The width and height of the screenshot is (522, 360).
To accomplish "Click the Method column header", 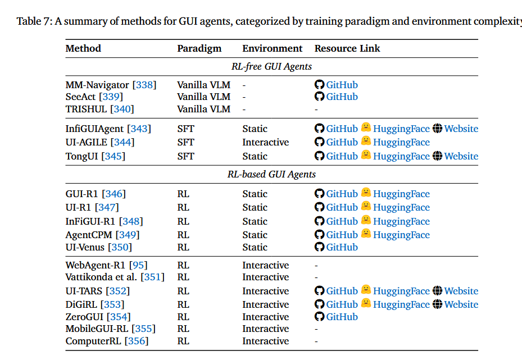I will coord(83,48).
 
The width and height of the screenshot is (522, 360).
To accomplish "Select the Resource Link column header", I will coord(347,48).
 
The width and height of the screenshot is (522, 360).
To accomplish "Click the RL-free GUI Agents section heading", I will coord(271,66).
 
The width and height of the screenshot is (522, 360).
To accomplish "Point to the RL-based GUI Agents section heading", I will coord(271,174).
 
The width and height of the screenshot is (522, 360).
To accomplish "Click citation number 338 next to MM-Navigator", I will coord(144,85).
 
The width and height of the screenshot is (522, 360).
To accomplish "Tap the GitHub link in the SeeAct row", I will coord(342,97).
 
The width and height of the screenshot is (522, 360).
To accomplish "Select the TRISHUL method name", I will coord(86,109).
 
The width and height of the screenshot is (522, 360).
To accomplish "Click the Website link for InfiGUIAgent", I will coord(461,129).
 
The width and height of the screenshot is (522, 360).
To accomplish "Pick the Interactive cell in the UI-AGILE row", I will coord(265,142).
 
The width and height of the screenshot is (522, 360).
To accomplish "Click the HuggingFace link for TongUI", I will coord(401,156).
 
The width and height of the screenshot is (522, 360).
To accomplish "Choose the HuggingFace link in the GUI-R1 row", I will coord(401,194).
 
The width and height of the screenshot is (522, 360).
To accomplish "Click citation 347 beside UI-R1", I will coord(107,207).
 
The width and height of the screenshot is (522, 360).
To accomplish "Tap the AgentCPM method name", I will coord(89,235).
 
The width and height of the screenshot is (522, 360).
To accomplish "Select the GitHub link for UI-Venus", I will coord(342,247).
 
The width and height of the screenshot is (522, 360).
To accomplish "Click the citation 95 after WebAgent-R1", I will coord(138,265).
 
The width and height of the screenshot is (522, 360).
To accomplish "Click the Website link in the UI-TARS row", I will coord(461,291).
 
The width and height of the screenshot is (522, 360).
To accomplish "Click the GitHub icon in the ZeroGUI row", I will coord(320,317).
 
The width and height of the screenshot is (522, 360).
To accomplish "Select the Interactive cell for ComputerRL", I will coord(265,341).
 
